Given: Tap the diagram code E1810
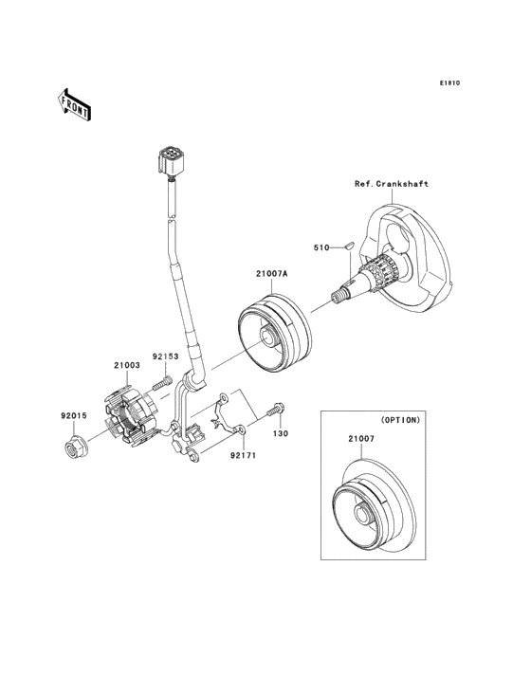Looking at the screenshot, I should pyautogui.click(x=449, y=83).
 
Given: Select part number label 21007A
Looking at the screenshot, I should pyautogui.click(x=270, y=274).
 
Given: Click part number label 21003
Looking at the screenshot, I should pyautogui.click(x=127, y=364).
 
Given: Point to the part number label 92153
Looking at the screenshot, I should pyautogui.click(x=165, y=357).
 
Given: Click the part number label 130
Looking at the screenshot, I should pyautogui.click(x=280, y=434).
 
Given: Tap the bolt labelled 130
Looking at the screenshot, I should pyautogui.click(x=278, y=411).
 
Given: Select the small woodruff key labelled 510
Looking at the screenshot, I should pyautogui.click(x=348, y=247).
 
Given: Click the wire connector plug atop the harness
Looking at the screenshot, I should pyautogui.click(x=171, y=160).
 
